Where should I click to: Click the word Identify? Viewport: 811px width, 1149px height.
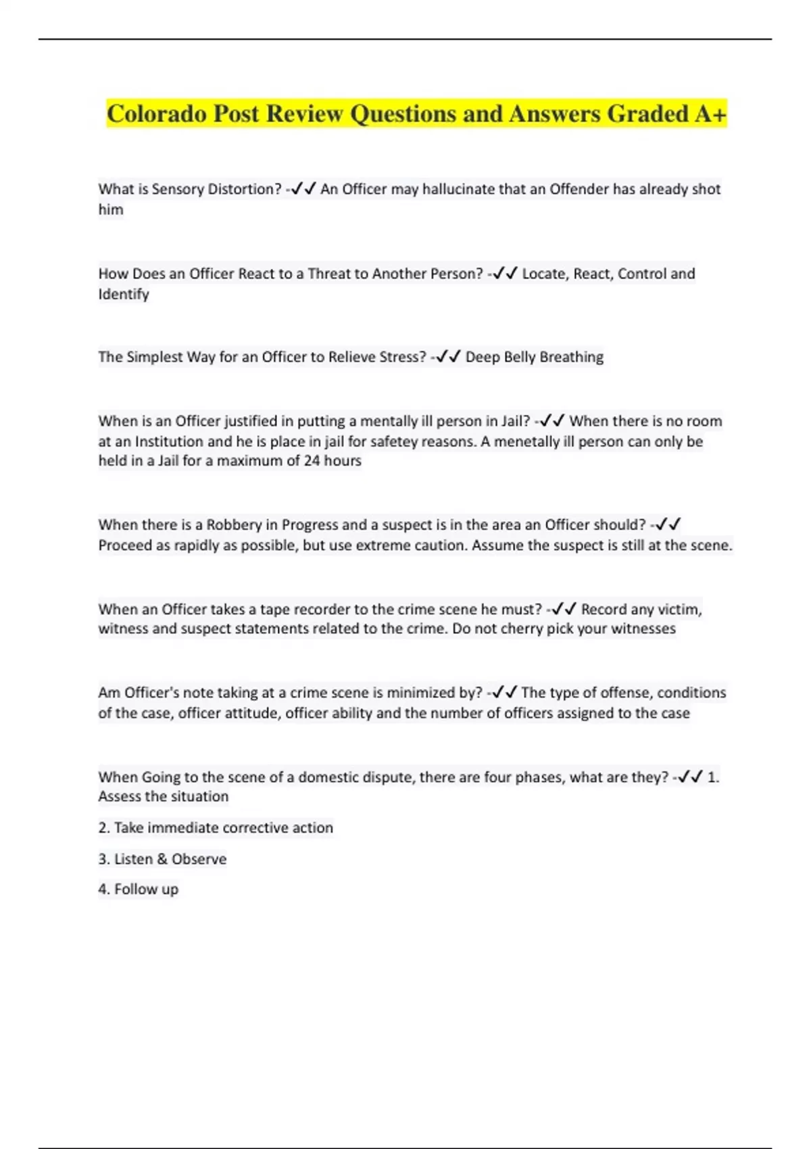(x=124, y=294)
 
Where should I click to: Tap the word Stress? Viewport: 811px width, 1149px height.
(x=403, y=357)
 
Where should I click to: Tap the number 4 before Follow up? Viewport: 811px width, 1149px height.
(x=103, y=889)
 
